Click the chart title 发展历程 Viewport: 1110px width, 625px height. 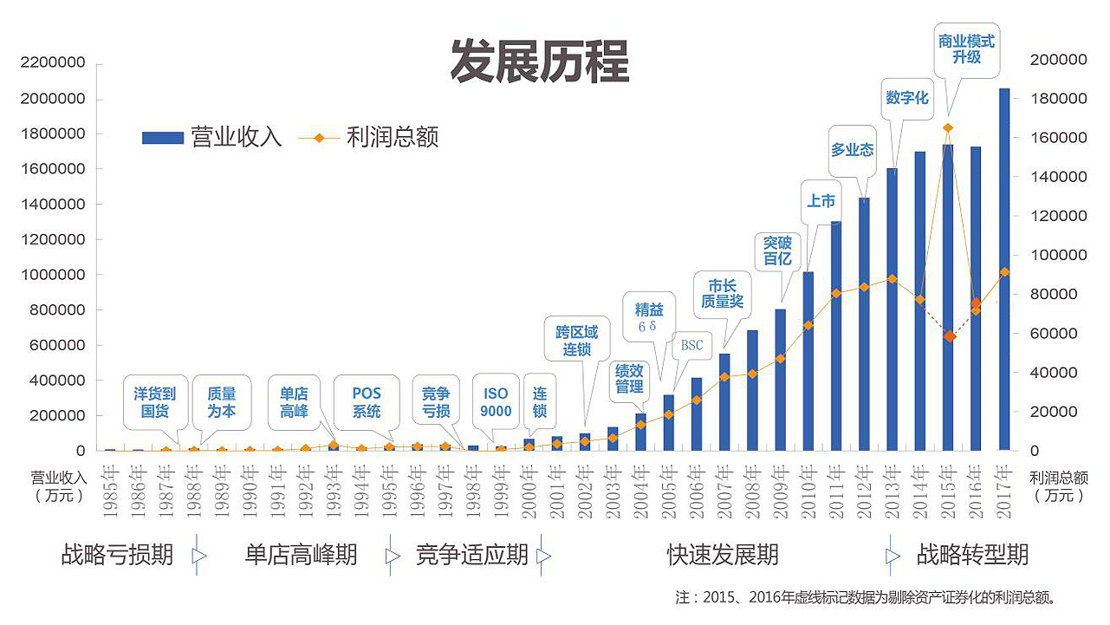538,62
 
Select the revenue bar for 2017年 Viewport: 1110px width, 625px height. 1003,269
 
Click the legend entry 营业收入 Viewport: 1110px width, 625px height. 212,137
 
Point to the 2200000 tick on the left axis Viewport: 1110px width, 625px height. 54,63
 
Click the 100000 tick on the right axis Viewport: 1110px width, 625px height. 1058,256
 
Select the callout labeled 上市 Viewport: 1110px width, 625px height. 821,201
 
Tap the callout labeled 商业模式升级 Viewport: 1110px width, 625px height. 966,49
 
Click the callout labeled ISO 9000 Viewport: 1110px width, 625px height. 496,402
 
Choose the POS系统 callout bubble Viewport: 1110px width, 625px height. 367,402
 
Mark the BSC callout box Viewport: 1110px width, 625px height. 691,345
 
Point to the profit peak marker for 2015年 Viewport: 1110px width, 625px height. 948,127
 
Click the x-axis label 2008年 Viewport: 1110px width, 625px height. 751,492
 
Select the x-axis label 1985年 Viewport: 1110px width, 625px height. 109,492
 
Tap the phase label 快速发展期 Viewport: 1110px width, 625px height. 723,555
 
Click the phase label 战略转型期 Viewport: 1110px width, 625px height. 972,555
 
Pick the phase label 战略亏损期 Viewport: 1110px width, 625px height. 117,555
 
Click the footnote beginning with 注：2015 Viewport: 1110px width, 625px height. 866,597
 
